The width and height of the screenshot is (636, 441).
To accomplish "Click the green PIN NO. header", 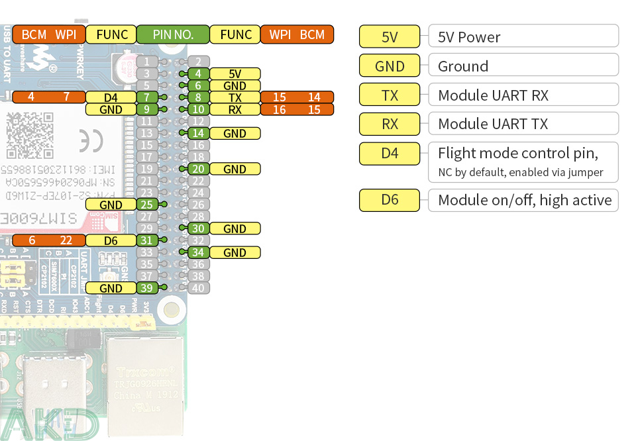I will tap(173, 34).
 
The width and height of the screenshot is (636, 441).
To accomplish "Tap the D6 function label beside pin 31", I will tap(111, 240).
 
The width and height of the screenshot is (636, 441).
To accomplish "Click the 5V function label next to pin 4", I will tap(235, 73).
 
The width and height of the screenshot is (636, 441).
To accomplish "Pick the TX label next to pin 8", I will tap(235, 97).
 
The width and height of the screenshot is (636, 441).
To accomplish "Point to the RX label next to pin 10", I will tap(235, 109).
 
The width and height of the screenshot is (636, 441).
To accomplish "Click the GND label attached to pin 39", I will tap(111, 288).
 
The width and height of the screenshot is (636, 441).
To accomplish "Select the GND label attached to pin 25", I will tap(111, 205).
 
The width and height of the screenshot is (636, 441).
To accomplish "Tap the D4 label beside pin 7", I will tap(111, 97).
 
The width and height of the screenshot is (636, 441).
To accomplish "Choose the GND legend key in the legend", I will tap(390, 66).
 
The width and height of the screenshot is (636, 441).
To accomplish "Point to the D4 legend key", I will tap(390, 154).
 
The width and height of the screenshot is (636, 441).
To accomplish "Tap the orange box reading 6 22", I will tap(48, 240).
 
